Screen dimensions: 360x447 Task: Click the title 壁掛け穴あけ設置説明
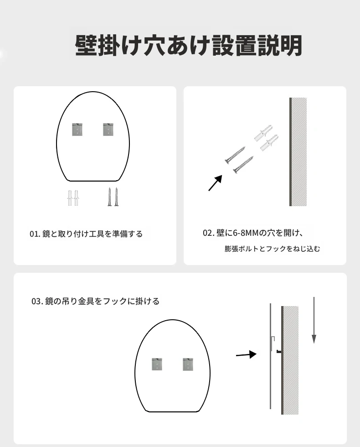(x=188, y=46)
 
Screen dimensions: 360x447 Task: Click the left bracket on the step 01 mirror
(x=77, y=129)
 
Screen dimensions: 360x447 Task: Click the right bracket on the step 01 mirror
(x=108, y=129)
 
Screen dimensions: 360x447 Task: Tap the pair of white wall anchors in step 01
(x=73, y=198)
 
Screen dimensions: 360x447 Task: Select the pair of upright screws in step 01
(x=113, y=197)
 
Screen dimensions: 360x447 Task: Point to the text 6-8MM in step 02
(x=242, y=233)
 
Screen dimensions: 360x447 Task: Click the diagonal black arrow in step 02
(x=215, y=183)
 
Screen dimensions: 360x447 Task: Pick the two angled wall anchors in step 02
(x=266, y=138)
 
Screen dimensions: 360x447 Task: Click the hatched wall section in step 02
(x=299, y=151)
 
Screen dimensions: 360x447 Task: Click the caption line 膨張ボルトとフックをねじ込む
(x=273, y=249)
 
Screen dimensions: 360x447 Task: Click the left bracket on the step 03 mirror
(x=157, y=364)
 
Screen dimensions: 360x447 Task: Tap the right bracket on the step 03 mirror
(x=188, y=364)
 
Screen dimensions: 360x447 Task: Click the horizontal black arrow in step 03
(x=247, y=355)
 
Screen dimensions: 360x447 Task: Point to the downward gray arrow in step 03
(x=314, y=320)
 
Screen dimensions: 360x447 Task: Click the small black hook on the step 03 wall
(x=279, y=351)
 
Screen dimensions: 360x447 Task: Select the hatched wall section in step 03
(x=291, y=360)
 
